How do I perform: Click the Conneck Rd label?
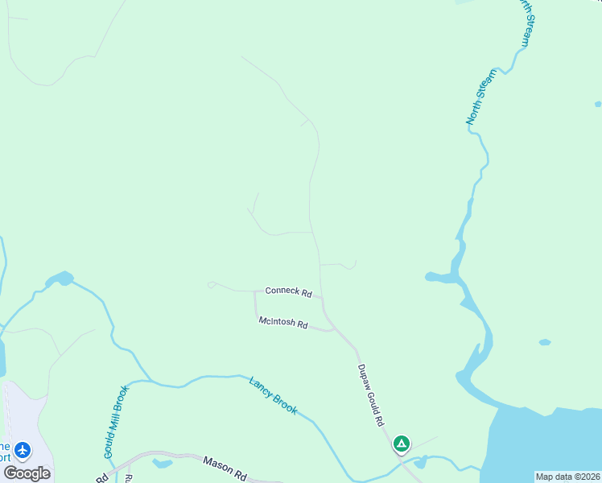click(x=288, y=292)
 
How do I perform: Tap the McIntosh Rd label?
click(x=283, y=324)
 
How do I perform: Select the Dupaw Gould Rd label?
click(x=369, y=394)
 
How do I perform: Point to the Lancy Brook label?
click(x=273, y=395)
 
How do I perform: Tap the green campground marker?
click(x=402, y=443)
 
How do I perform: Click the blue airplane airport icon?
click(x=22, y=449)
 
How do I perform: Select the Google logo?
click(x=27, y=473)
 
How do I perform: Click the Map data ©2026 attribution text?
click(x=567, y=477)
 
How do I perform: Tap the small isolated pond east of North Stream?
click(x=545, y=342)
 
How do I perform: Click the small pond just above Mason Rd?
click(x=162, y=463)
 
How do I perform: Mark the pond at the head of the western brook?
click(x=60, y=279)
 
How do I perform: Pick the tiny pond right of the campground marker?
click(x=420, y=462)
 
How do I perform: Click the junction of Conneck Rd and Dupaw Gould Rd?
click(x=322, y=297)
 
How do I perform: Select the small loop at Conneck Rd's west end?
click(x=211, y=284)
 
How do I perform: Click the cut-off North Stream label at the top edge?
click(x=525, y=23)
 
